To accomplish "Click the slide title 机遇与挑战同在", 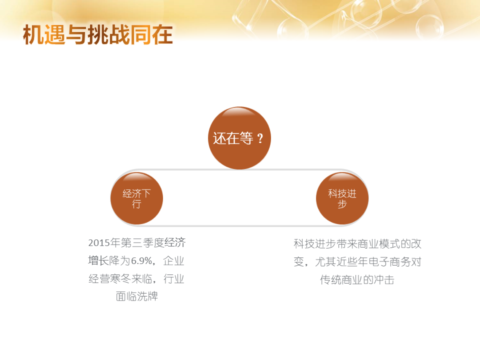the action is (x=98, y=34).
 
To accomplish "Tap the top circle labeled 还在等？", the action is (x=239, y=138).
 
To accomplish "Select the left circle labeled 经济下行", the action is (x=136, y=198).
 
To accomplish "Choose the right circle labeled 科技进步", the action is (x=342, y=198).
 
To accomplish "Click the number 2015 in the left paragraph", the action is (x=99, y=243).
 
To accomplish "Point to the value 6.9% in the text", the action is (x=141, y=261).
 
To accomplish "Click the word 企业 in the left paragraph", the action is (x=173, y=261).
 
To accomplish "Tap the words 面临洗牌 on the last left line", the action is (x=136, y=296).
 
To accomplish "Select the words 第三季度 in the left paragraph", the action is (x=142, y=243).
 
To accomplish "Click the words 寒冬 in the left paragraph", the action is (x=120, y=278).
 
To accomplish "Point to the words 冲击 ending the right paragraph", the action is (x=384, y=279).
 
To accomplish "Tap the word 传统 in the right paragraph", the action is (x=330, y=279).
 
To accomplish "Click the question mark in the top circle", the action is (x=260, y=138).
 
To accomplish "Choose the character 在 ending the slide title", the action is (x=162, y=34).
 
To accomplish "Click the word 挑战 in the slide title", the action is (x=108, y=34).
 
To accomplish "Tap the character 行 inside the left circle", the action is (x=136, y=204).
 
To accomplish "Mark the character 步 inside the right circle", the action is (x=342, y=204).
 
